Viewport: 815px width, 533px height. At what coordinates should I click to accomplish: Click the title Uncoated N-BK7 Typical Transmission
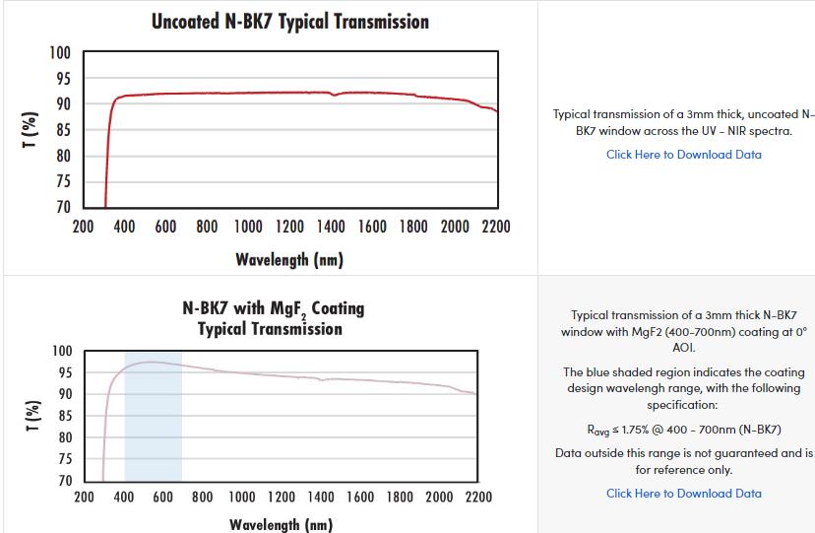coord(289,21)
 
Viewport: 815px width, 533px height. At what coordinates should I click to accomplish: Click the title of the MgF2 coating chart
coord(273,318)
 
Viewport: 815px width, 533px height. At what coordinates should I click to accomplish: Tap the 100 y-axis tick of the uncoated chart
coord(60,52)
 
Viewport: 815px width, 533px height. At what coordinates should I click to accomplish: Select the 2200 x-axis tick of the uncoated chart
coord(495,228)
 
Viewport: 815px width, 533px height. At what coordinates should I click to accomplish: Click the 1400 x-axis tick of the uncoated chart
coord(331,228)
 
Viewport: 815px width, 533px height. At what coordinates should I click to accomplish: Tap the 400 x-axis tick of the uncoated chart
coord(124,228)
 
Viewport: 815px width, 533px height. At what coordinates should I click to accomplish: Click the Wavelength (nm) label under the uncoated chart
coord(289,260)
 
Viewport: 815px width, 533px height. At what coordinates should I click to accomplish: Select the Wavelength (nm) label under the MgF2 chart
coord(281,524)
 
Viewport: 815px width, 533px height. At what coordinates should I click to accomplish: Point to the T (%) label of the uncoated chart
coord(32,130)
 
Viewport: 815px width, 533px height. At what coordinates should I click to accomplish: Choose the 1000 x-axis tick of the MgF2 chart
coord(242,498)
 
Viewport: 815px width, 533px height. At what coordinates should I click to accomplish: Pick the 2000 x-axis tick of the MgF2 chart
coord(438,498)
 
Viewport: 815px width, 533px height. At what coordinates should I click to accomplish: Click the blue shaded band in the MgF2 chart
coord(153,433)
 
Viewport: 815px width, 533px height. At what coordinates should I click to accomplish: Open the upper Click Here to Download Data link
coord(683,155)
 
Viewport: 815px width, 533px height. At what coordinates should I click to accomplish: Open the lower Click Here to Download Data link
coord(683,494)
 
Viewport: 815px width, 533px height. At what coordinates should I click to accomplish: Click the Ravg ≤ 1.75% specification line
coord(683,430)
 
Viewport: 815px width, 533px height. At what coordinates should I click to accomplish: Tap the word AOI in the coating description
coord(683,348)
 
